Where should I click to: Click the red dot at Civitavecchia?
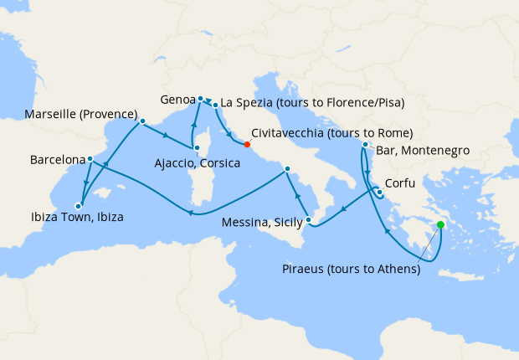(x=247, y=143)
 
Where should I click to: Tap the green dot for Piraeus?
(x=440, y=224)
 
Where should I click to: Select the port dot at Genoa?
(x=201, y=99)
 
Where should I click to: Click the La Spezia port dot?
(x=215, y=105)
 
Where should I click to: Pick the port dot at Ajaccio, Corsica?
(x=196, y=149)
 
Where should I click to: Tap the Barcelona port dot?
(x=90, y=158)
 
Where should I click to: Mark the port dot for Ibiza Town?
(x=78, y=205)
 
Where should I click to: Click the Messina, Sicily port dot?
(x=310, y=221)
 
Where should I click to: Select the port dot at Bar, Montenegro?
(x=365, y=145)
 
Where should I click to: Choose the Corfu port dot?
(x=378, y=193)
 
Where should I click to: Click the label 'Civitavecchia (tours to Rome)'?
(x=331, y=133)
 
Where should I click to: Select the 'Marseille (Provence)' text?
(x=81, y=114)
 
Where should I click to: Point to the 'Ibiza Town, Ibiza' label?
(x=75, y=218)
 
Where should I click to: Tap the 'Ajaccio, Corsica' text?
(x=198, y=163)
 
